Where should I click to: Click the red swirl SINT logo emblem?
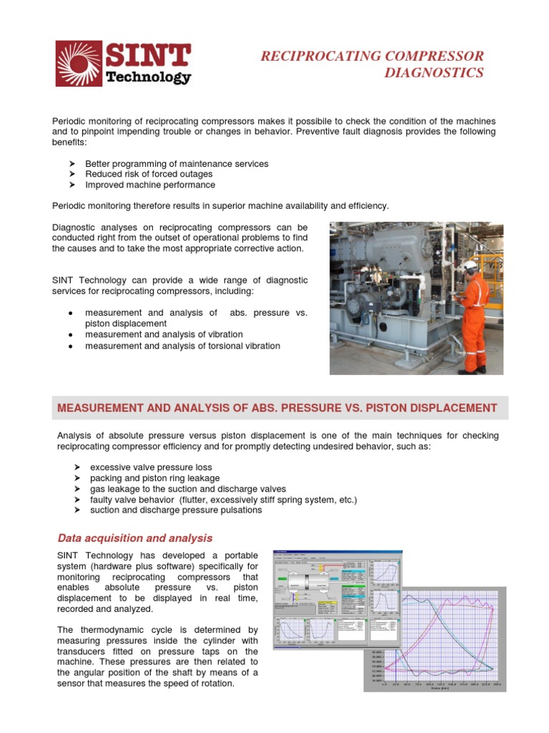[79, 64]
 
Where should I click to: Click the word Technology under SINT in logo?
[148, 77]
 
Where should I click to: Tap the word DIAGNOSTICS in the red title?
[434, 73]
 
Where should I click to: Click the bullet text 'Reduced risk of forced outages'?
[149, 174]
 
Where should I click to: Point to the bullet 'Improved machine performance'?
[150, 185]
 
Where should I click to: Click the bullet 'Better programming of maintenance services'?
[177, 164]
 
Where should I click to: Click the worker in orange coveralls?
[473, 315]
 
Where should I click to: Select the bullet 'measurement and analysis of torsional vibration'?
[182, 346]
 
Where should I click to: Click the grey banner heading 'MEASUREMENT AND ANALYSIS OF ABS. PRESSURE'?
[277, 408]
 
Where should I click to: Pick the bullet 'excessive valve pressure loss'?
[151, 467]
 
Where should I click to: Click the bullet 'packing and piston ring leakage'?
[154, 478]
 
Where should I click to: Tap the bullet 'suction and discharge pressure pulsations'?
[176, 510]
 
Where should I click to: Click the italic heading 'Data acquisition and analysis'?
[134, 538]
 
